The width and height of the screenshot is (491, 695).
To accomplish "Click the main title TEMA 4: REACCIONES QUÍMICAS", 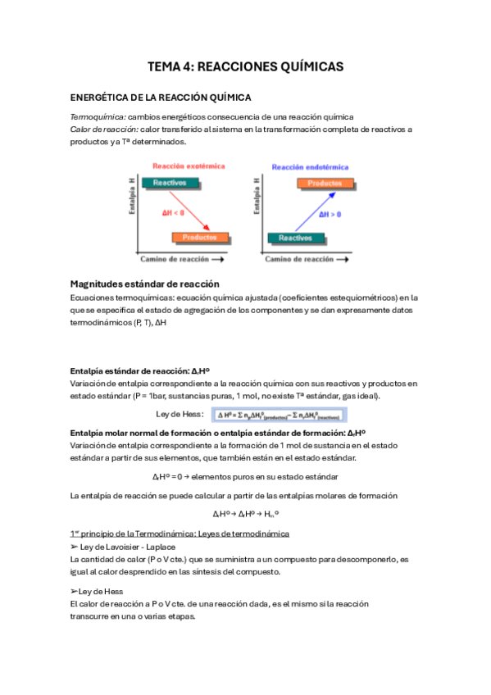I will [x=245, y=66].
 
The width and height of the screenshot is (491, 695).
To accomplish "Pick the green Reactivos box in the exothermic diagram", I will [x=169, y=183].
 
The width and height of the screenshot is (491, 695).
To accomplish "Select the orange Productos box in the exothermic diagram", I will [x=200, y=238].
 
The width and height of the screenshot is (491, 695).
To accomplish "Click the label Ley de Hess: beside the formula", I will [x=180, y=415].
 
